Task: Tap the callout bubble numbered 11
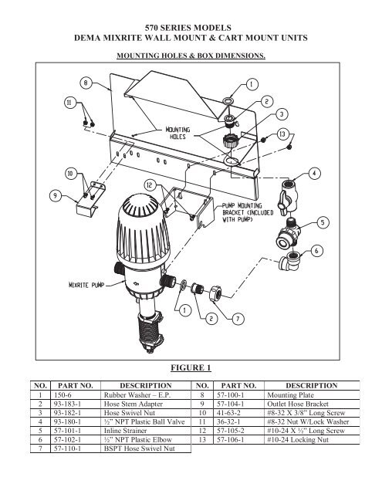[x=70, y=103]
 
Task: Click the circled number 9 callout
[x=56, y=196]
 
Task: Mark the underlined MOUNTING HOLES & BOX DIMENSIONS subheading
[x=191, y=56]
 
